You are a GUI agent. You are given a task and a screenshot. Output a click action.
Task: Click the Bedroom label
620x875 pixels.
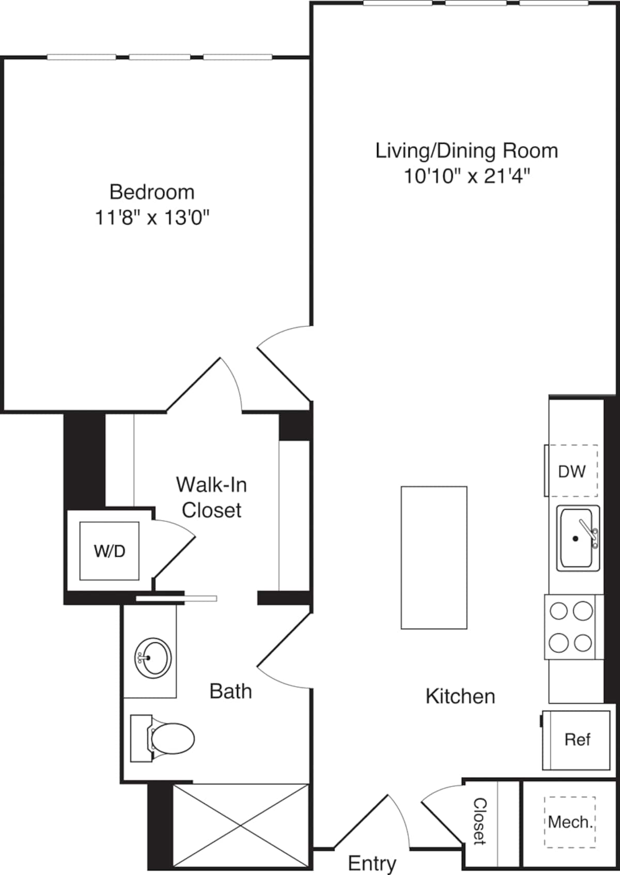pyautogui.click(x=152, y=192)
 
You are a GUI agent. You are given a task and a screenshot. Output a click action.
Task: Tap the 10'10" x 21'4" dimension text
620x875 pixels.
pyautogui.click(x=467, y=176)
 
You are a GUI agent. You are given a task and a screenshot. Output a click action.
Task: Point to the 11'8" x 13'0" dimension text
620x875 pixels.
pyautogui.click(x=152, y=218)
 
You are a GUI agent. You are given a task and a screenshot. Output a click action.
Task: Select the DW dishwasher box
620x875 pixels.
pyautogui.click(x=571, y=471)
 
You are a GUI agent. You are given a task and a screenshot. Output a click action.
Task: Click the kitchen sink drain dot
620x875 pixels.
pyautogui.click(x=575, y=539)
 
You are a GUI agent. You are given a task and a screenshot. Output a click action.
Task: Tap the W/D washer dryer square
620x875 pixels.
pyautogui.click(x=109, y=551)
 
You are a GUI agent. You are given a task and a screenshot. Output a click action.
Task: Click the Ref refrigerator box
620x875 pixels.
pyautogui.click(x=577, y=740)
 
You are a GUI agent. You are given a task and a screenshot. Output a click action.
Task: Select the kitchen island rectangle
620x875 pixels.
pyautogui.click(x=434, y=557)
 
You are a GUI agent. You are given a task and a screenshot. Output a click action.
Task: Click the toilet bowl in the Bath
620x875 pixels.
pyautogui.click(x=174, y=738)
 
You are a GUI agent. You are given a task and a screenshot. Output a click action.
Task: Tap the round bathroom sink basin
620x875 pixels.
pyautogui.click(x=153, y=658)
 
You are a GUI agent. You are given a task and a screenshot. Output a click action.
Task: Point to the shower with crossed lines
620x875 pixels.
pyautogui.click(x=241, y=825)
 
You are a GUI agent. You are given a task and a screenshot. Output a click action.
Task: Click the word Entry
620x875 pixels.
pyautogui.click(x=372, y=863)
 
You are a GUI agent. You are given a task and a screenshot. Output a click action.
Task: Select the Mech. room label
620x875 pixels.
pyautogui.click(x=570, y=822)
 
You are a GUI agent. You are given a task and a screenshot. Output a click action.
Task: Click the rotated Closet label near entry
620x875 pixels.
pyautogui.click(x=480, y=821)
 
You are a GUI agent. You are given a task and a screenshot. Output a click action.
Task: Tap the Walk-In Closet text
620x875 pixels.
pyautogui.click(x=211, y=497)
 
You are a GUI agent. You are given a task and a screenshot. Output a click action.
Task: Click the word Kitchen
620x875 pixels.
pyautogui.click(x=460, y=696)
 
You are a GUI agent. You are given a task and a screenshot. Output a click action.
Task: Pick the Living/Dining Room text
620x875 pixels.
pyautogui.click(x=467, y=150)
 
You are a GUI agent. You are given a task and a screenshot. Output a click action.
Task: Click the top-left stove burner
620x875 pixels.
pyautogui.click(x=559, y=611)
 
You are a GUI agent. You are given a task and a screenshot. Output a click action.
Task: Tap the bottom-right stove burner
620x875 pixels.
pyautogui.click(x=583, y=643)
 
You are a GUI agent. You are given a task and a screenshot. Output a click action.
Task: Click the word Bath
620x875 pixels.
pyautogui.click(x=230, y=691)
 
